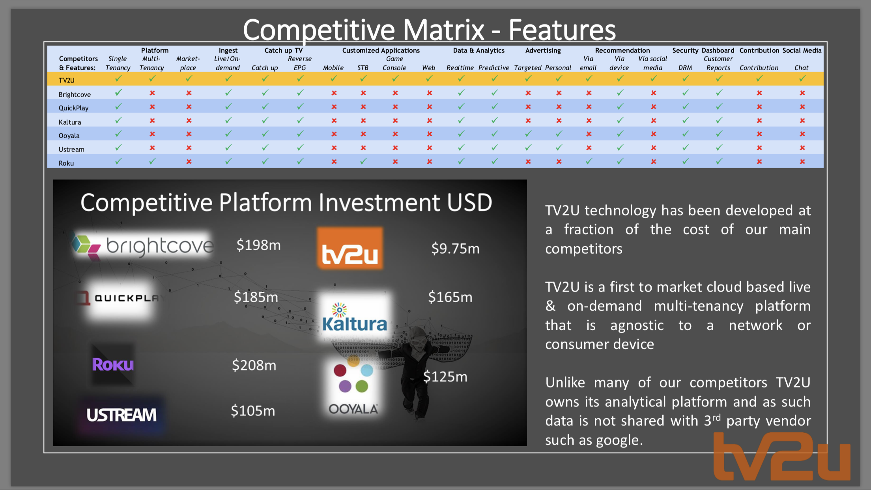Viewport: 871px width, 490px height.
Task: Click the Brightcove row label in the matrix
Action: point(75,95)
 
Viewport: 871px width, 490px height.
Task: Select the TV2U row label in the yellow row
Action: point(66,80)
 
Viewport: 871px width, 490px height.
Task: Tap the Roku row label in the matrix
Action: point(66,163)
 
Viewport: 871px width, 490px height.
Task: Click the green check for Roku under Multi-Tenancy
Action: point(152,161)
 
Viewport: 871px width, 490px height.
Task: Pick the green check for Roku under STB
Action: point(363,161)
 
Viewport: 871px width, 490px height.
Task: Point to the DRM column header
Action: point(685,68)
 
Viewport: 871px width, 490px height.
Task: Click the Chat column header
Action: point(802,68)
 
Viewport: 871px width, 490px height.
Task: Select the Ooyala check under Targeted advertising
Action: point(528,134)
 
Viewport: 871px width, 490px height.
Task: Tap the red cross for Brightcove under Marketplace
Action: point(189,93)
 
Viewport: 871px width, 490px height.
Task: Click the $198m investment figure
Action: point(258,245)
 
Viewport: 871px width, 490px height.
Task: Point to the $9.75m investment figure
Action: point(455,249)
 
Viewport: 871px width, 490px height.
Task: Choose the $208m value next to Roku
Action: point(254,365)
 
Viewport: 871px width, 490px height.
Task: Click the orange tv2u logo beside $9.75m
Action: point(350,248)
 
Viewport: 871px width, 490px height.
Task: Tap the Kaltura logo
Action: point(354,318)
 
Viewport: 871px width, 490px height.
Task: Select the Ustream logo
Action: point(121,415)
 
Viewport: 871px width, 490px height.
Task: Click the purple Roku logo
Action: point(113,365)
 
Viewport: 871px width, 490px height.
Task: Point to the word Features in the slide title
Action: point(562,30)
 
